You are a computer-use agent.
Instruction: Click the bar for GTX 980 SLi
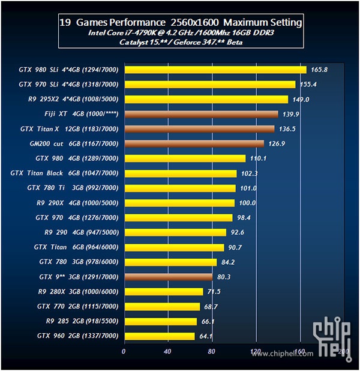tap(215, 70)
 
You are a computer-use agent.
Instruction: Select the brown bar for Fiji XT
tap(200, 114)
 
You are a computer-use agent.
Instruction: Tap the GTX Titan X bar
tap(199, 128)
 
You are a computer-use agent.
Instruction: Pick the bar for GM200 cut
tap(194, 143)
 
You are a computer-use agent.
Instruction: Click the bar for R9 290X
tap(179, 203)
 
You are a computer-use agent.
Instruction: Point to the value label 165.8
tap(319, 70)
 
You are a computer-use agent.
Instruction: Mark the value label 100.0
tap(247, 203)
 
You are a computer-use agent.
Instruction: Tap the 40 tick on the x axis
tap(167, 351)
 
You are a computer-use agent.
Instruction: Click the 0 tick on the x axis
tap(124, 351)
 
